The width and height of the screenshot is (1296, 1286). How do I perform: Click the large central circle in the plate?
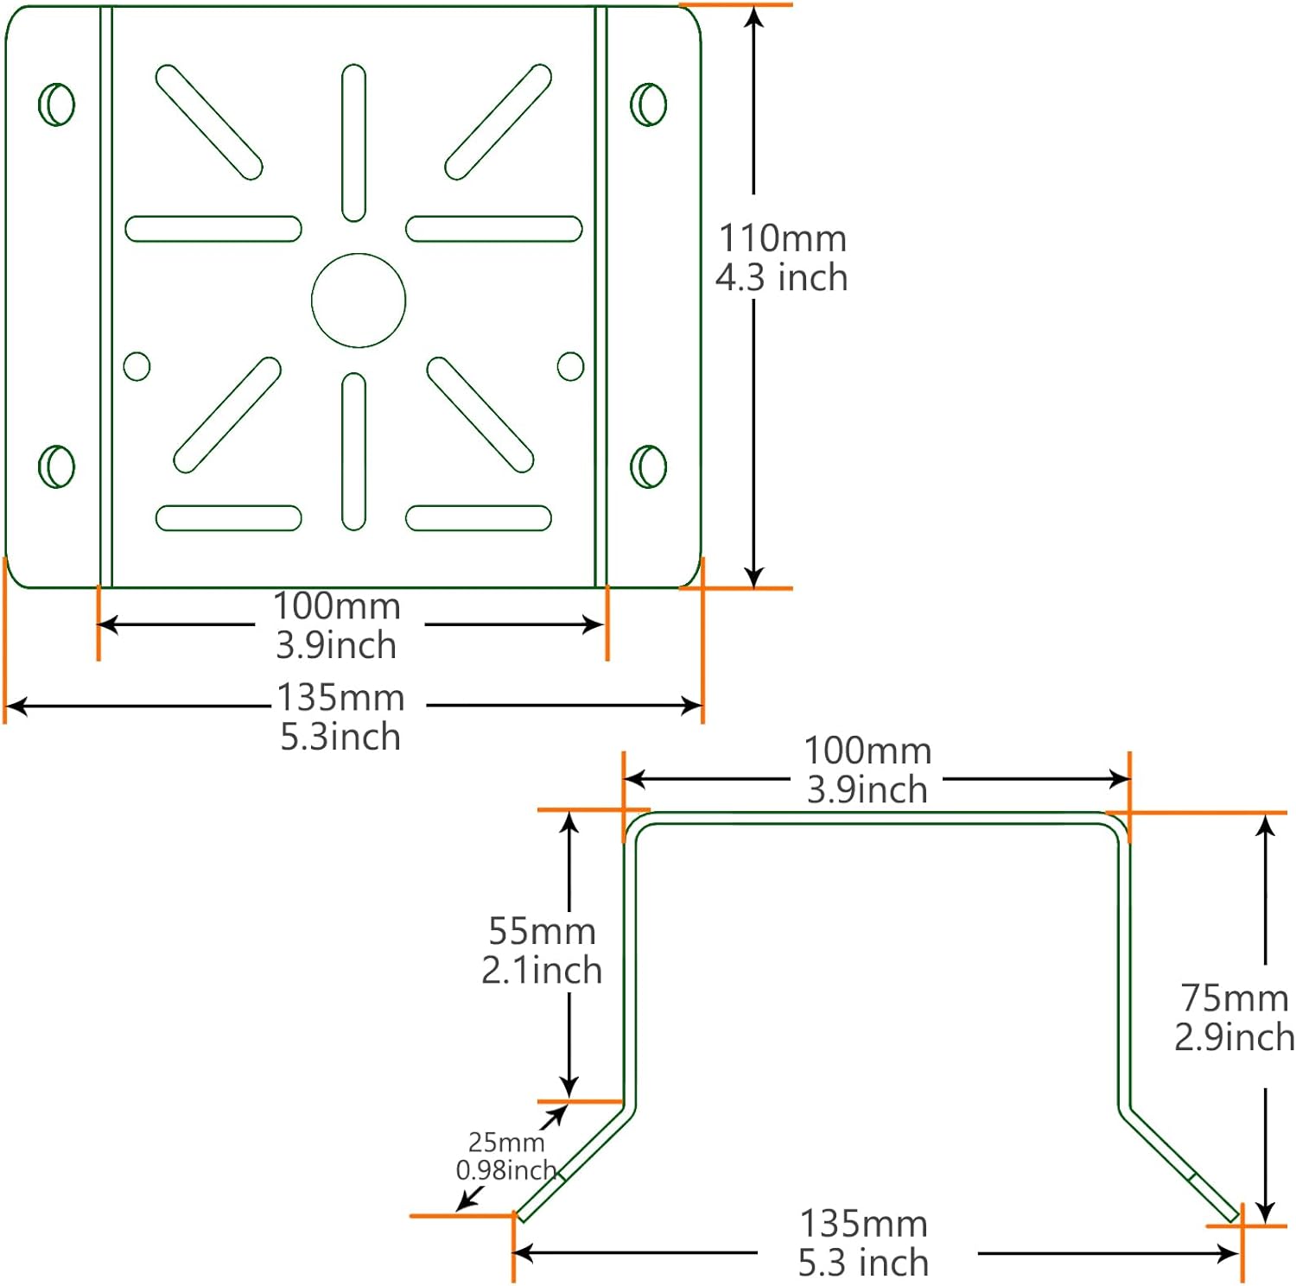[x=359, y=301]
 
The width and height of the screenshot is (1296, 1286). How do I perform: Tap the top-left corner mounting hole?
[x=57, y=105]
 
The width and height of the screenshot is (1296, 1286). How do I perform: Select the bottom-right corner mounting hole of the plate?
[x=649, y=466]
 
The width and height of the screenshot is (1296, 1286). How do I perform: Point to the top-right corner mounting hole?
[x=649, y=105]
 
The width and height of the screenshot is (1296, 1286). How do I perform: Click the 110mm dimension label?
[x=783, y=238]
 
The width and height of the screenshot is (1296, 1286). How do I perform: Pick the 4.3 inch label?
[x=782, y=278]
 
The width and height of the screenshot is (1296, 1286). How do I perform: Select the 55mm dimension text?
[x=542, y=931]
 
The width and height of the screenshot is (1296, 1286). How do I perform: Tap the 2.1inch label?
[x=542, y=971]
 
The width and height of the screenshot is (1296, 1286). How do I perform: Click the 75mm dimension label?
[x=1235, y=998]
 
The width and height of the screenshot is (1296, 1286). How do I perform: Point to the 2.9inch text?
[x=1235, y=1037]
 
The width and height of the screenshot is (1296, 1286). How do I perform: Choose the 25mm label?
[x=506, y=1143]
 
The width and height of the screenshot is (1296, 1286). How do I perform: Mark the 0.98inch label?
[x=506, y=1170]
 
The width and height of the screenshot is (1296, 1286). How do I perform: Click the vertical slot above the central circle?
[x=353, y=143]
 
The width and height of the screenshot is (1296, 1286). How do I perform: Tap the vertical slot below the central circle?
[x=353, y=451]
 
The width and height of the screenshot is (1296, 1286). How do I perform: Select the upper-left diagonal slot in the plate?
[x=209, y=122]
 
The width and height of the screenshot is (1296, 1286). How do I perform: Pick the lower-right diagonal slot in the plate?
[x=480, y=415]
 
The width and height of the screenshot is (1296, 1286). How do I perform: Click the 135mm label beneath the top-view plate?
[x=340, y=698]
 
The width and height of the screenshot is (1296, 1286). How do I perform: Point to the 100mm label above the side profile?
[x=867, y=751]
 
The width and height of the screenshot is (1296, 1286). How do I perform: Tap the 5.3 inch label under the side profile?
[x=863, y=1264]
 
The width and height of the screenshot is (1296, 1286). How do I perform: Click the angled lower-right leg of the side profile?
[x=1180, y=1166]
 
